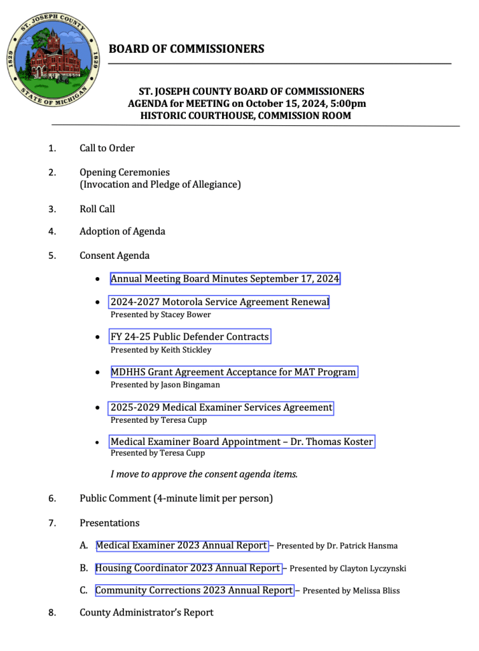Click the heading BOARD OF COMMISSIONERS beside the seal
(x=186, y=49)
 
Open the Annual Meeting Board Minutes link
(x=225, y=278)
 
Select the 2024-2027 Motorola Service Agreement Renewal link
(x=219, y=302)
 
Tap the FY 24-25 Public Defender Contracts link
(x=190, y=336)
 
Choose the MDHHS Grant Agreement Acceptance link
(x=233, y=372)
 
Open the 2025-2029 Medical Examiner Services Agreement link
(x=221, y=407)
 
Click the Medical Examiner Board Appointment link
(x=242, y=441)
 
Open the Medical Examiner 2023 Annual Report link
(x=181, y=545)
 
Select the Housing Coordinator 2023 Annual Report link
(x=188, y=568)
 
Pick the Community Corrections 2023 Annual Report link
(x=194, y=590)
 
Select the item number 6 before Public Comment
(x=52, y=498)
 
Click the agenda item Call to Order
(x=107, y=148)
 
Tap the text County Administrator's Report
(x=146, y=612)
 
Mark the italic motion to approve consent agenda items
(x=204, y=474)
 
